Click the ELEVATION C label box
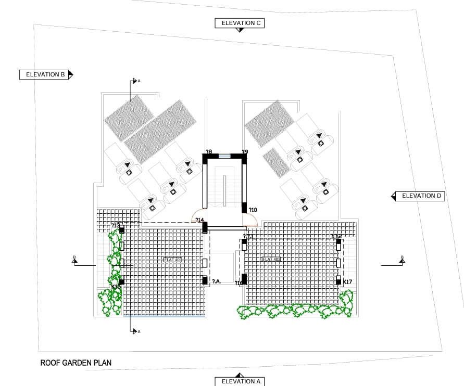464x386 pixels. point(241,23)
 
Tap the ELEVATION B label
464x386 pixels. point(45,74)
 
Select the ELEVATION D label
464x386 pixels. point(421,196)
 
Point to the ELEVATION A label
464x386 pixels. point(241,381)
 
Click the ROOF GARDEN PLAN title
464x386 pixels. point(76,363)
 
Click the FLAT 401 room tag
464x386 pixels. point(173,260)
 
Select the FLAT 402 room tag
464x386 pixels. point(271,259)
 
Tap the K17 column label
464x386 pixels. point(348,282)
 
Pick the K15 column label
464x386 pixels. point(116,287)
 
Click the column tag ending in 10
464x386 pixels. point(253,210)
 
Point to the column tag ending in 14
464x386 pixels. point(199,220)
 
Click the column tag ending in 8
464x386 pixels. point(209,152)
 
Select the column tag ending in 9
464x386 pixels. point(244,152)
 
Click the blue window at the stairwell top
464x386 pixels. point(224,156)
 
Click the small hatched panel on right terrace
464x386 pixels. point(276,162)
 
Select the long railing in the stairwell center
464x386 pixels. point(224,189)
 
